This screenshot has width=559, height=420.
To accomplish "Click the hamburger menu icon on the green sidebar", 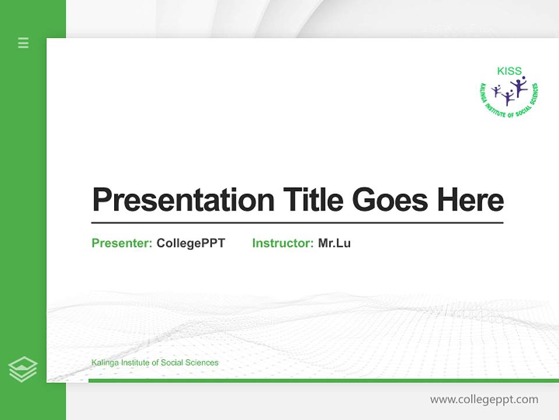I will click(x=23, y=43).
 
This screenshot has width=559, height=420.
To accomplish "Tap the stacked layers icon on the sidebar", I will click(x=23, y=369).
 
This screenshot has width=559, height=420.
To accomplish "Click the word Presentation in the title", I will click(x=183, y=200).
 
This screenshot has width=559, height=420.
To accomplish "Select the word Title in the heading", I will click(x=313, y=199).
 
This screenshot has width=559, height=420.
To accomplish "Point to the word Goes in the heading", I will click(x=391, y=199).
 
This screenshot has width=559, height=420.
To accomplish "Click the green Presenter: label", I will click(x=122, y=243).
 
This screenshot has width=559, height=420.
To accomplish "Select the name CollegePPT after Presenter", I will click(x=190, y=243).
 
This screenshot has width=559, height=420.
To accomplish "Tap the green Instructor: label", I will click(x=282, y=243).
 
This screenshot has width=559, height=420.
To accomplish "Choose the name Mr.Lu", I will click(x=334, y=243).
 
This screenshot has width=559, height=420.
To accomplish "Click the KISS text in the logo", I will click(x=509, y=71).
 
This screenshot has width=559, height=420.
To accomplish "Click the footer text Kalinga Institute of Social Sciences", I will click(x=155, y=363).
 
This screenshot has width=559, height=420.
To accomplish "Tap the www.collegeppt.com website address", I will click(x=484, y=400).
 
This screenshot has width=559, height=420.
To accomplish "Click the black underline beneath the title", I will click(x=297, y=222).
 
